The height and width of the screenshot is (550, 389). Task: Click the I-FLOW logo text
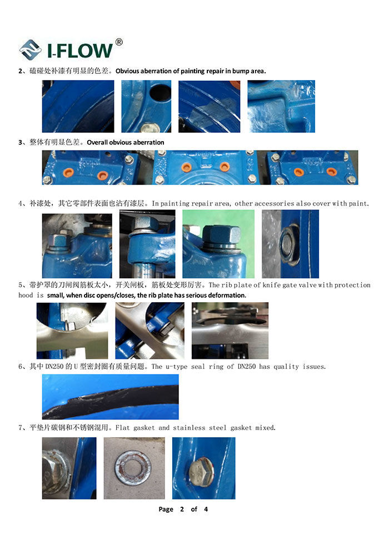click(x=80, y=51)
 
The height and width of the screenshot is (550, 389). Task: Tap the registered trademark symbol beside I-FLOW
click(x=119, y=42)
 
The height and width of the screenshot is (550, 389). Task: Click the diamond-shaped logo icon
click(x=30, y=50)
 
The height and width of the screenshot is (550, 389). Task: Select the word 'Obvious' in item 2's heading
click(x=127, y=71)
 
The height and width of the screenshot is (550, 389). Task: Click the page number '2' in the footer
click(x=182, y=509)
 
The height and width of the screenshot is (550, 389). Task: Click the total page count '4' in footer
click(x=206, y=509)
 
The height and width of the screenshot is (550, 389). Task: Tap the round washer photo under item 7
click(x=134, y=468)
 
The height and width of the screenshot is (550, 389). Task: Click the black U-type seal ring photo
click(x=110, y=397)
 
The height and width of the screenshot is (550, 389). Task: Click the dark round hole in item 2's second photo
click(x=160, y=93)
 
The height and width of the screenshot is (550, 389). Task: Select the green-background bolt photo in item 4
click(x=218, y=244)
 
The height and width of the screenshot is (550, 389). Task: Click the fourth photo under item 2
click(x=281, y=106)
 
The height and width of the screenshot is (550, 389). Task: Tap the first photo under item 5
click(x=72, y=331)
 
